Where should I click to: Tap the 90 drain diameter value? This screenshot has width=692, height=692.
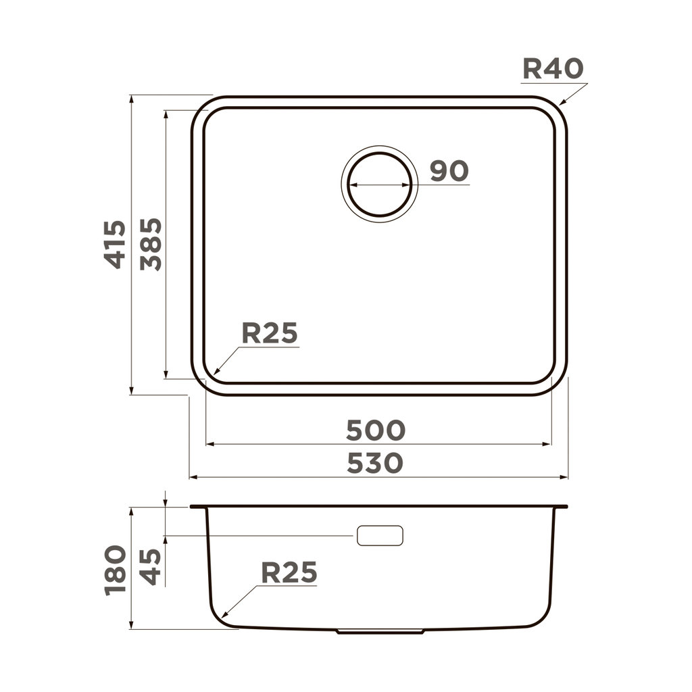pyautogui.click(x=449, y=172)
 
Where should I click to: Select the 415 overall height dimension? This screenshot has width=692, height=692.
pyautogui.click(x=116, y=244)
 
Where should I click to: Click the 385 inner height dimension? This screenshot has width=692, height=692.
pyautogui.click(x=151, y=244)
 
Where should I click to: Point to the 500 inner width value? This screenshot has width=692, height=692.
pyautogui.click(x=376, y=430)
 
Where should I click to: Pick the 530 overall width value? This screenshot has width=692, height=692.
pyautogui.click(x=376, y=463)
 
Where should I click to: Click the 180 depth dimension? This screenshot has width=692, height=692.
pyautogui.click(x=116, y=569)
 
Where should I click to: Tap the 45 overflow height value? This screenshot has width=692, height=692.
pyautogui.click(x=151, y=566)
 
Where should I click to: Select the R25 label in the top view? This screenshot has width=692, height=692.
pyautogui.click(x=270, y=333)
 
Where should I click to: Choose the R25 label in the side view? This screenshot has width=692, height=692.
pyautogui.click(x=289, y=573)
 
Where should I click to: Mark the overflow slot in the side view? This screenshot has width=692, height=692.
pyautogui.click(x=380, y=536)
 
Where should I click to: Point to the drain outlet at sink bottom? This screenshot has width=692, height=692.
pyautogui.click(x=380, y=632)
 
